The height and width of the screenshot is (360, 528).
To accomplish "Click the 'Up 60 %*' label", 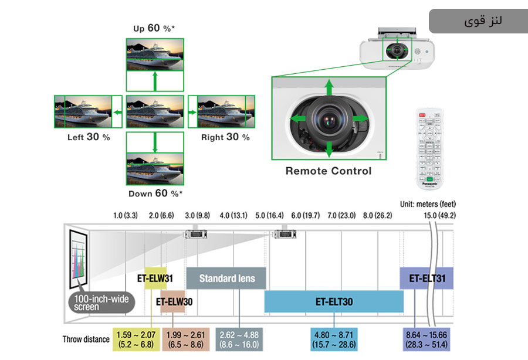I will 155,28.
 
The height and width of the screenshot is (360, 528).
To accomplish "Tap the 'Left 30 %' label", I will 89,137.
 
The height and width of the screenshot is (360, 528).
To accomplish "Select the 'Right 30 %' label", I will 225,137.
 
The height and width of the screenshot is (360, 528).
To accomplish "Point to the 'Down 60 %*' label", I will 155,193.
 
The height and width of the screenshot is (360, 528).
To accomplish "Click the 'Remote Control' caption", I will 329,171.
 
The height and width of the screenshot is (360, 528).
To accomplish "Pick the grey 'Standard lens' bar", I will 226,278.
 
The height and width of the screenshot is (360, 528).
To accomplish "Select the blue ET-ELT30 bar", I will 334,302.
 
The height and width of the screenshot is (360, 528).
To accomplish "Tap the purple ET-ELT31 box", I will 427,278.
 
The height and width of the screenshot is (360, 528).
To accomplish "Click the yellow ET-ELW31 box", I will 155,277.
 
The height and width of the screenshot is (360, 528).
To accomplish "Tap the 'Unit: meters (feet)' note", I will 428,204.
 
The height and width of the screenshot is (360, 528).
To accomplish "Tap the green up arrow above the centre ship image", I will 155,81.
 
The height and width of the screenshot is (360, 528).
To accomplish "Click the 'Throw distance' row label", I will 86,339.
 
